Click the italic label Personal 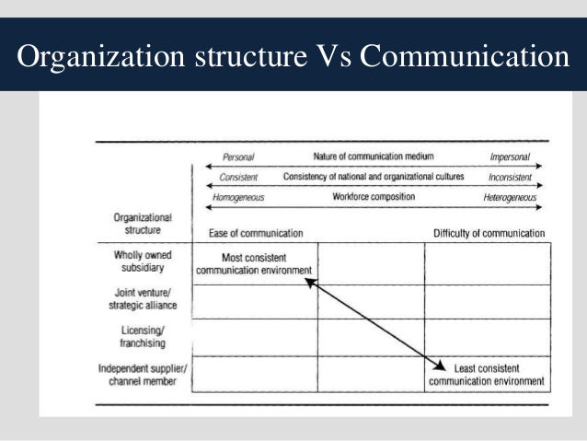(237, 158)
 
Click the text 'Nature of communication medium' (373, 157)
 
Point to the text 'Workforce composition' (373, 196)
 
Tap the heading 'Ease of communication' (249, 233)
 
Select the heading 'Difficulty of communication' (489, 233)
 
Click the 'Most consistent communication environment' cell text (254, 263)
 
